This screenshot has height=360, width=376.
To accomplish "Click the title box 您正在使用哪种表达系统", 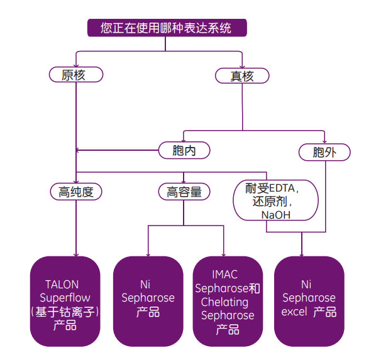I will coord(166,28).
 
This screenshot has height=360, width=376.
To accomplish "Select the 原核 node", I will coord(75,75).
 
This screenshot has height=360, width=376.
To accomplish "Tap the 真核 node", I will coord(242,76).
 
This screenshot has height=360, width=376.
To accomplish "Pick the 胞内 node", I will coord(183,150).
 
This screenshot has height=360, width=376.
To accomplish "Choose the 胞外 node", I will coord(324,151).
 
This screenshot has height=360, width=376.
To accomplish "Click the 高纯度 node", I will coord(75,192).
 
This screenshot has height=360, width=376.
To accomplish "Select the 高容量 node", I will coord(184,192).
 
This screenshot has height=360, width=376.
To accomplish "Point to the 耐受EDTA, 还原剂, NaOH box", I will coord(267,200).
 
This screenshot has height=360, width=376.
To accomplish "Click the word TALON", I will coord(62,285).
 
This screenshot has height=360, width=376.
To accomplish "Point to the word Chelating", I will coord(225,302).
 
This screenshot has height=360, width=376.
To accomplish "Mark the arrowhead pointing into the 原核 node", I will coord(75,65).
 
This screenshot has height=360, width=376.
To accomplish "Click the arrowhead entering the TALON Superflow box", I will coord(75,254).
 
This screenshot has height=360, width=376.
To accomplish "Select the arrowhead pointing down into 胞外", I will coord(324,141).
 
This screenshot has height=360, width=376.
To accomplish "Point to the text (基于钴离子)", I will coord(65,311).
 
